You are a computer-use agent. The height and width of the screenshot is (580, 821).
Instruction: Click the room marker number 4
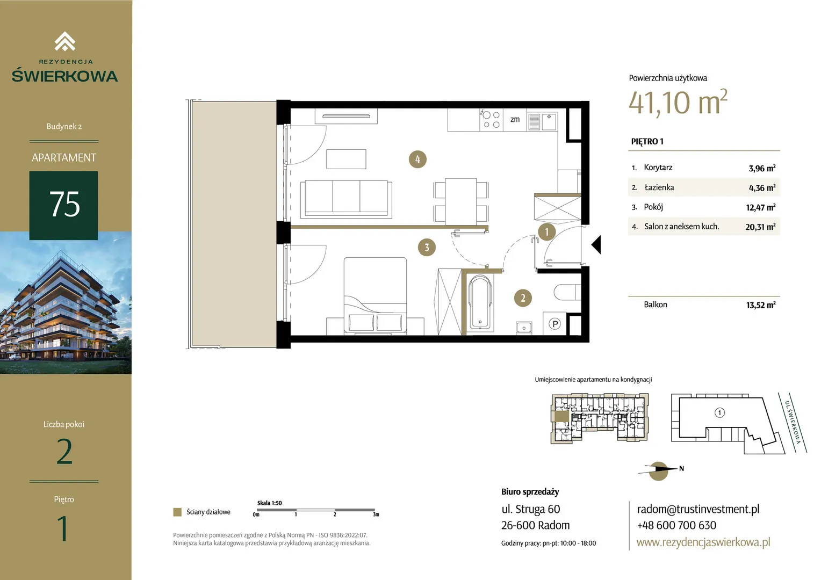point(417,160)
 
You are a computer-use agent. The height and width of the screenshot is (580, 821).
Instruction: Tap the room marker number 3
point(427,248)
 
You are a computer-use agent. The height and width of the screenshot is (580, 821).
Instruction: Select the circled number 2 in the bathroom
point(523,298)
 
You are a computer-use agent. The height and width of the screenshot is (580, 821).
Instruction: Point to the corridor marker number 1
point(546,231)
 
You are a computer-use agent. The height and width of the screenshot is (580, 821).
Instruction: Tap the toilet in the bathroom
point(567,292)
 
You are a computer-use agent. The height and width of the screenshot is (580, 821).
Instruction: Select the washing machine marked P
point(554,323)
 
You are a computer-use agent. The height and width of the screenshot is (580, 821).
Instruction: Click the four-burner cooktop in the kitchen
point(491,119)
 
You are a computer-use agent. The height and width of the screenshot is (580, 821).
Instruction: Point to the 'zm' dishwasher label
point(515,119)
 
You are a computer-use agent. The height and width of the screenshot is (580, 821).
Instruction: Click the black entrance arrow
point(596,244)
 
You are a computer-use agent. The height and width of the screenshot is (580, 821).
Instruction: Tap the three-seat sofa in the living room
point(346,199)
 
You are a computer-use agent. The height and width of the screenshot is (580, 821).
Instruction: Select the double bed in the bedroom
point(375,295)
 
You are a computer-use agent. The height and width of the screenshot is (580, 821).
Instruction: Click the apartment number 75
point(64,204)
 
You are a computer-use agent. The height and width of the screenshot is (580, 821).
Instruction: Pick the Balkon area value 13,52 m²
point(760,305)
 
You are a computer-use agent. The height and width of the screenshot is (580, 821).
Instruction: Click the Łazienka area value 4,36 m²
point(762,187)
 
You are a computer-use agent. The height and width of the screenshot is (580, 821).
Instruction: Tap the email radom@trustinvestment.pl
point(698,509)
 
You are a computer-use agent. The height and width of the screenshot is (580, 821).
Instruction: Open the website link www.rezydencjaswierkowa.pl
point(703,542)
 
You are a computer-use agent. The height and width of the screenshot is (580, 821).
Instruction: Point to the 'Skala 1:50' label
point(269,503)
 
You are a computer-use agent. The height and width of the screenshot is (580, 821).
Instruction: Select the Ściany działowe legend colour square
point(177,512)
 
